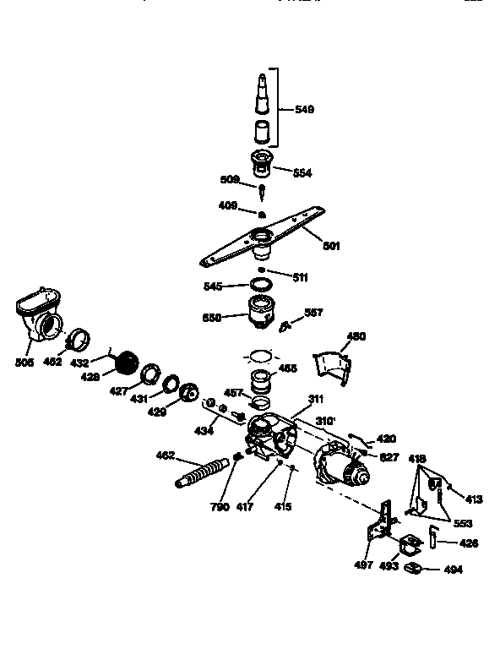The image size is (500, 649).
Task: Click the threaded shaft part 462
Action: (204, 471)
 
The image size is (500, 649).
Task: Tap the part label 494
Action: (454, 570)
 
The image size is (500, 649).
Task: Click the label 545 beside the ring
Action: (214, 286)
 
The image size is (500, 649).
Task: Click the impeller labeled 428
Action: (126, 363)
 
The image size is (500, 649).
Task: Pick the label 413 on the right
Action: (474, 499)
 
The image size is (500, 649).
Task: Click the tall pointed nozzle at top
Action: (262, 93)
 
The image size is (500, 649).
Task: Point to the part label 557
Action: (312, 312)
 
